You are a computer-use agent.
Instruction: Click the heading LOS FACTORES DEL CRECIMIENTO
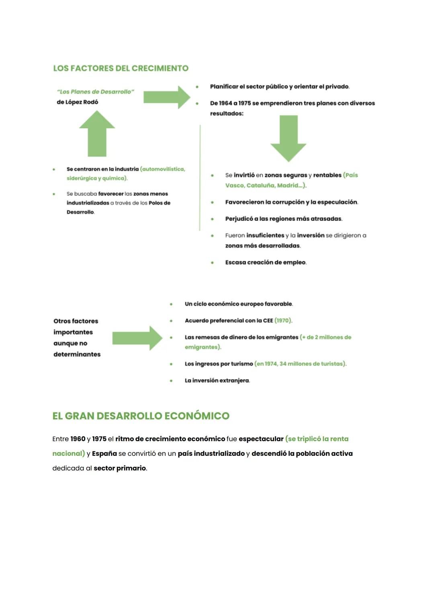(x=121, y=68)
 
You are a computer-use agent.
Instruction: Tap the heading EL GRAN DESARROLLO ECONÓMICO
(x=141, y=416)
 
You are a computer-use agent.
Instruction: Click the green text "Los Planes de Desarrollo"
(x=96, y=91)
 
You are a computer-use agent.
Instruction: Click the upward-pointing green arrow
(x=97, y=134)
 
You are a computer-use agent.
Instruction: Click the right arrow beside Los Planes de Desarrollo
(x=166, y=97)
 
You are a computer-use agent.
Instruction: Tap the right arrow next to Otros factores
(x=137, y=338)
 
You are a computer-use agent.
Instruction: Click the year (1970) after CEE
(x=283, y=321)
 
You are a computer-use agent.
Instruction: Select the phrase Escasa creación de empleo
(x=266, y=262)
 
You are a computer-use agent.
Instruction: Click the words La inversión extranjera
(x=217, y=380)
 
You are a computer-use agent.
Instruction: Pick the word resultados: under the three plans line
(x=227, y=114)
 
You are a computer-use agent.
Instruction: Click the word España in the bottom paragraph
(x=104, y=453)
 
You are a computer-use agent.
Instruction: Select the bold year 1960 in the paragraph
(x=78, y=439)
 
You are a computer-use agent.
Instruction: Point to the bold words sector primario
(x=119, y=468)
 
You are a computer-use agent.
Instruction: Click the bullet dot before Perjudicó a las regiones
(x=212, y=219)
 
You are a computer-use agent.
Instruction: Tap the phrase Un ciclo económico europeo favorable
(x=239, y=304)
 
